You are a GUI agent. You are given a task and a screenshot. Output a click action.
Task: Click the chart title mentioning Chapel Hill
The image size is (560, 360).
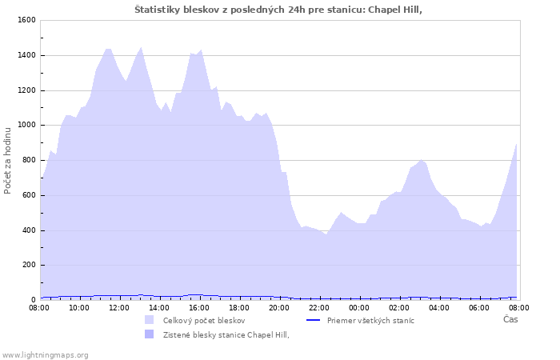click(278, 10)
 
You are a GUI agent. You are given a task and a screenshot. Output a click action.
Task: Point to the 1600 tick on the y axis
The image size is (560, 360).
click(26, 20)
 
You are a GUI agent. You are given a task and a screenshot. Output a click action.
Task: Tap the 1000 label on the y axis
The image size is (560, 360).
click(26, 125)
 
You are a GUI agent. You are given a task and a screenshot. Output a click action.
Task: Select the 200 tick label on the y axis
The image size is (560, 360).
click(29, 265)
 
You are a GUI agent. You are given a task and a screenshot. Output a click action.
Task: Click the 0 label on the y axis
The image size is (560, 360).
click(34, 300)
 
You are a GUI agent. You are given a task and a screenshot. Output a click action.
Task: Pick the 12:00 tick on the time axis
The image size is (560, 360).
click(119, 308)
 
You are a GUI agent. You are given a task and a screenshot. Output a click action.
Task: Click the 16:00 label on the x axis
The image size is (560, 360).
click(199, 308)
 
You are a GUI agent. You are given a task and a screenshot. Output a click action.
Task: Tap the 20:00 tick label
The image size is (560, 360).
click(279, 308)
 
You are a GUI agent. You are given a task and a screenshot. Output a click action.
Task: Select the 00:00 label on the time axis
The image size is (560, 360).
click(359, 308)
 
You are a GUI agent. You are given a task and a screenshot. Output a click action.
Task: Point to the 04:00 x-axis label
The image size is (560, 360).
click(439, 308)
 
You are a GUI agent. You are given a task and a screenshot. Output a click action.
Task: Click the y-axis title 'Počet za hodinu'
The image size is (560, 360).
click(7, 161)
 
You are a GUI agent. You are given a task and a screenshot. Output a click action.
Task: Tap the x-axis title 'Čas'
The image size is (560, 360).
click(510, 319)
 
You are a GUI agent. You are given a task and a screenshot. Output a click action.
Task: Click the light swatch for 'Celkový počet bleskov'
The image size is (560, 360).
click(150, 320)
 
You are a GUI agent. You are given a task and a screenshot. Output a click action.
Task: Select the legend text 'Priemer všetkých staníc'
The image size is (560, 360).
click(370, 320)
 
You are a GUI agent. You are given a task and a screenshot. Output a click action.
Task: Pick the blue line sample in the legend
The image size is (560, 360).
click(314, 320)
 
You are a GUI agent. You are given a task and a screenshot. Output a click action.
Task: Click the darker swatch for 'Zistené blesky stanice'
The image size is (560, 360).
click(150, 334)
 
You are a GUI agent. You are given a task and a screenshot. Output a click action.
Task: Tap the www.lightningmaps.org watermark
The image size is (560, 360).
click(45, 355)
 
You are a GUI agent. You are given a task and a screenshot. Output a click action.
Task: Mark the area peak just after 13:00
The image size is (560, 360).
click(141, 47)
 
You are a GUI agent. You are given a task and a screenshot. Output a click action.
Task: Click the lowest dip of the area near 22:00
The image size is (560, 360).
click(326, 234)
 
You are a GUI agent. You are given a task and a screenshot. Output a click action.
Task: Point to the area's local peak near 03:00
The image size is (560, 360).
click(422, 160)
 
